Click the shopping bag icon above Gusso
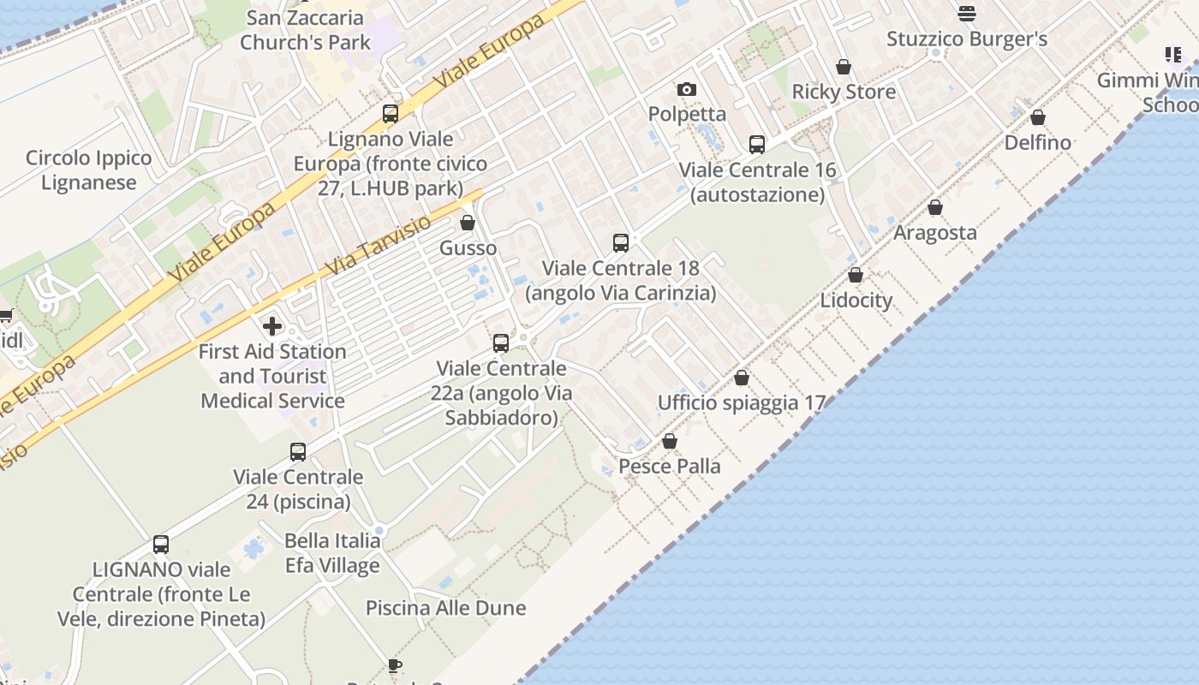(468, 223)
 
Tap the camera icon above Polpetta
(686, 89)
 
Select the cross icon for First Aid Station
(272, 326)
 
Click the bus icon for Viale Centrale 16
(757, 145)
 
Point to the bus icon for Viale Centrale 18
(621, 243)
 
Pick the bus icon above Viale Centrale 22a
(501, 343)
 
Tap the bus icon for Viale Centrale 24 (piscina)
(298, 452)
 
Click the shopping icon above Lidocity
(856, 276)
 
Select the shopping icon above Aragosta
(935, 207)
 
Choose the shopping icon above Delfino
(1038, 117)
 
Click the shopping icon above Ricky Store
(844, 67)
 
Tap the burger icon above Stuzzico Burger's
(967, 14)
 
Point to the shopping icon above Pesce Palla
(670, 441)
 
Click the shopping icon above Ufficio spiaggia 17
(742, 378)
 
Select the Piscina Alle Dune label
(445, 608)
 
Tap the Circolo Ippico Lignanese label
(88, 170)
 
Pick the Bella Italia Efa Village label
(332, 553)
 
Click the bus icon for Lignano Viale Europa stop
(391, 113)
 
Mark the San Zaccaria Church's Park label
(305, 30)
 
